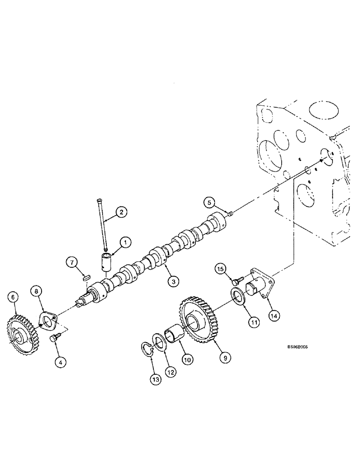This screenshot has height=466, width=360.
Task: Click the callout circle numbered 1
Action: [x=125, y=241]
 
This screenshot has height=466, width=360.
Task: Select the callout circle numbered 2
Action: [x=121, y=212]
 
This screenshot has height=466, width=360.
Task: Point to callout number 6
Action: [x=13, y=296]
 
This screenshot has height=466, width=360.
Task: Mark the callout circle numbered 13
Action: [x=155, y=381]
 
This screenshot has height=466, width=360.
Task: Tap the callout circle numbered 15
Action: [x=220, y=269]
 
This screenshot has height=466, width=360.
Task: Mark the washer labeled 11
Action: [x=239, y=297]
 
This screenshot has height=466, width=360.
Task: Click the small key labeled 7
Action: [x=85, y=278]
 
